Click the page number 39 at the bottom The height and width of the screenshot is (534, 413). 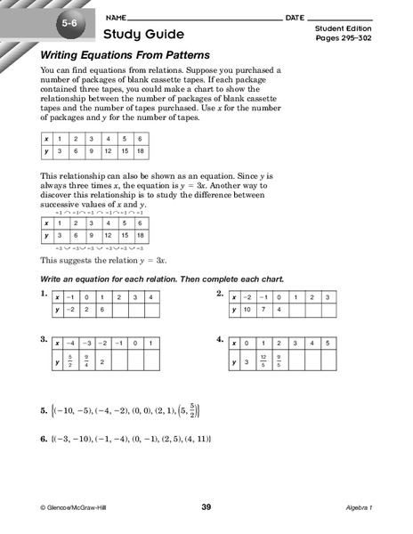pyautogui.click(x=206, y=507)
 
